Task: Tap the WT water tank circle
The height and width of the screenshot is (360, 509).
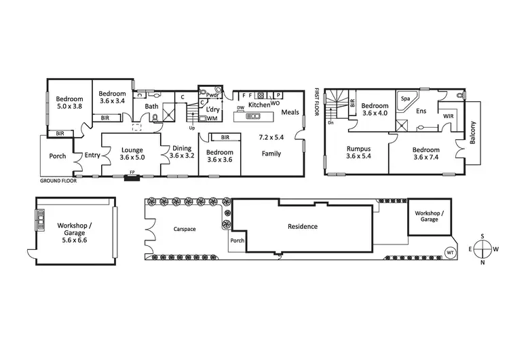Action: [449, 252]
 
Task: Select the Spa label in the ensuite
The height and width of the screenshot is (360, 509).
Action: [405, 98]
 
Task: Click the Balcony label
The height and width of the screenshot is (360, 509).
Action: [474, 133]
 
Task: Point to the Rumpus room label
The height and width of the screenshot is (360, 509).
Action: [357, 149]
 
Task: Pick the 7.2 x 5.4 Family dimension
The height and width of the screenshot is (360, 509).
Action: [271, 137]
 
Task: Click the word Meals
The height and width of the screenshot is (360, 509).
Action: [290, 113]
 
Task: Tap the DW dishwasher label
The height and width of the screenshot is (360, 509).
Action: [240, 109]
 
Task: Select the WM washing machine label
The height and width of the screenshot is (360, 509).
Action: [212, 118]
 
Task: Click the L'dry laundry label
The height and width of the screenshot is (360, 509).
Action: [213, 109]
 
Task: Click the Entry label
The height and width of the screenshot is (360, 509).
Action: [92, 156]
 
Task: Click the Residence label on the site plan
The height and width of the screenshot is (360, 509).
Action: [303, 226]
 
